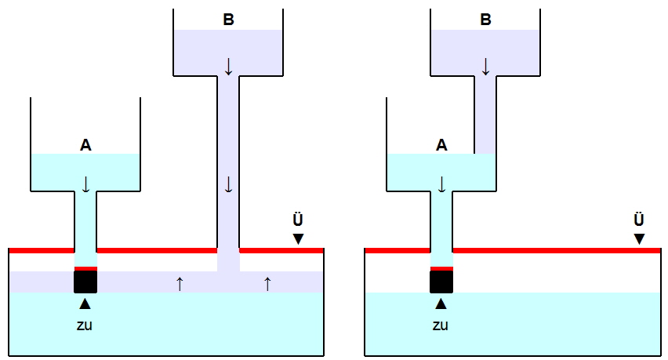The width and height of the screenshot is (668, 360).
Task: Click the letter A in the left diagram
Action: click(85, 144)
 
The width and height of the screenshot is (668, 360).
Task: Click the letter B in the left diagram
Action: click(228, 20)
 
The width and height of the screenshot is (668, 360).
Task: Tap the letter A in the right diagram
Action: click(441, 144)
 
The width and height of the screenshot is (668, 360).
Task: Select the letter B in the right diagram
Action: click(485, 20)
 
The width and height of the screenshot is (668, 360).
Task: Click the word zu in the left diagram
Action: click(85, 325)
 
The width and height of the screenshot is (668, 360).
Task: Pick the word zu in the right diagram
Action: click(441, 325)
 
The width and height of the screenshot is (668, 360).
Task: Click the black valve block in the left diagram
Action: click(85, 282)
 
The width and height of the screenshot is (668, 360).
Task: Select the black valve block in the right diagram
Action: click(441, 282)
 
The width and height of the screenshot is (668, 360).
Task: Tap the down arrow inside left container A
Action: click(85, 184)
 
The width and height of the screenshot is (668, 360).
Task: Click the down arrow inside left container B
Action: click(228, 66)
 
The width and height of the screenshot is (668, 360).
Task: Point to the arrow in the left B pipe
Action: click(228, 185)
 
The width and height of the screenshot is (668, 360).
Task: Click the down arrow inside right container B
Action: click(485, 66)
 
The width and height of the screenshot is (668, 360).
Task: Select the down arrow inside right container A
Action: click(441, 184)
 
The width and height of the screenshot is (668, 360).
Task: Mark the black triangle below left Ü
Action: click(298, 238)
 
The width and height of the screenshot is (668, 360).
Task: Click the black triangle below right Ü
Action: click(640, 238)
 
